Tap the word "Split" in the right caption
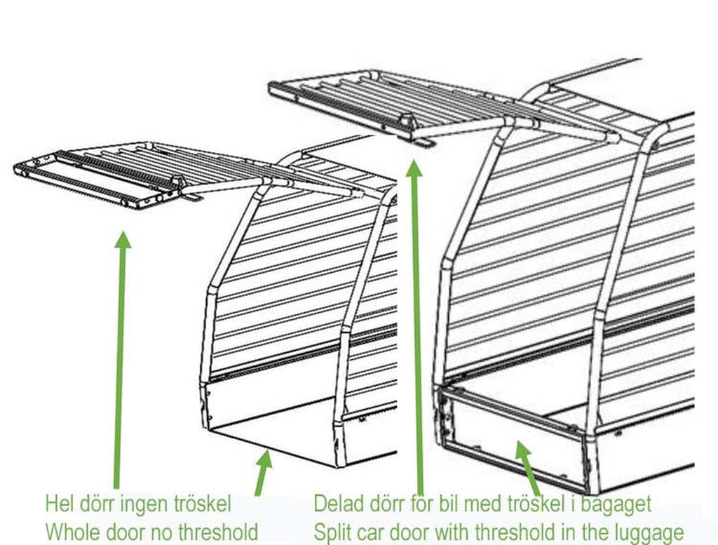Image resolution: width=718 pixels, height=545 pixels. coord(332,532)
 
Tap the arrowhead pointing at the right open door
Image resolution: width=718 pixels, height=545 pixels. coord(414,168)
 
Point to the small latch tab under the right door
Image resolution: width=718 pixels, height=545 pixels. coord(424,143)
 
